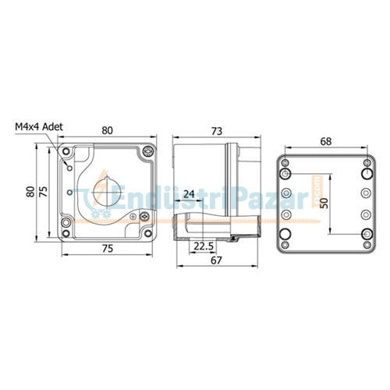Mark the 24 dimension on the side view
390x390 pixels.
click(189, 194)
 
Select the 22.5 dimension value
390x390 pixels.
click(203, 246)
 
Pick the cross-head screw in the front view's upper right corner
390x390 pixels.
click(148, 151)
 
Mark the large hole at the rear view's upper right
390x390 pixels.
click(365, 165)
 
